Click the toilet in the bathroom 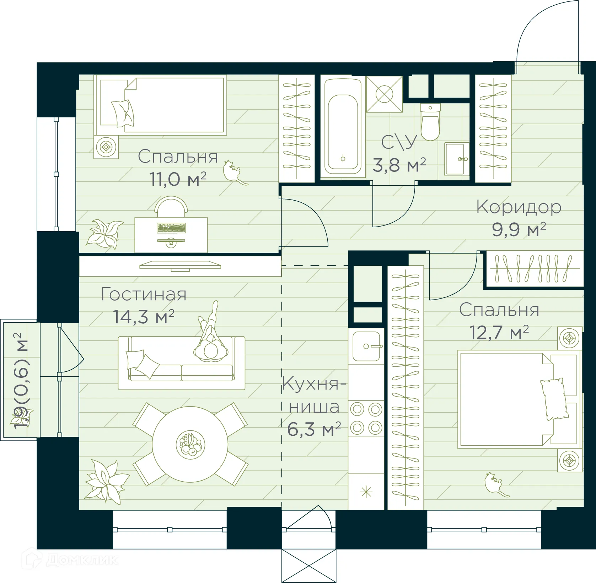[430, 123]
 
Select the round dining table [190, 444]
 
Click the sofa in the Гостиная [181, 363]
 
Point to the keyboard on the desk [171, 228]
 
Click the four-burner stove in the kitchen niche [366, 419]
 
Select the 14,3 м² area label [143, 316]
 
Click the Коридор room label [519, 207]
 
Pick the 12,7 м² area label [499, 333]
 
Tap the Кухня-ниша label [314, 395]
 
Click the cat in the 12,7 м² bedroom [495, 484]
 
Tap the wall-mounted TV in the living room [180, 265]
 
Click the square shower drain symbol [385, 95]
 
